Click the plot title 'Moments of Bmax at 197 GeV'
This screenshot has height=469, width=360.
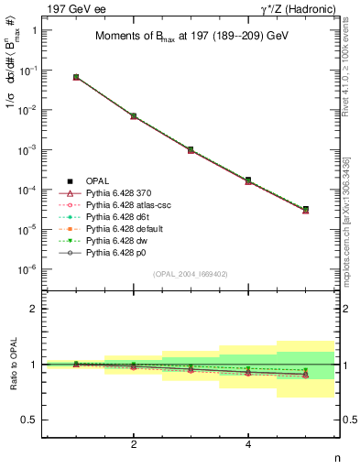[190, 38]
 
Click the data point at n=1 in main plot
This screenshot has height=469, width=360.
[76, 77]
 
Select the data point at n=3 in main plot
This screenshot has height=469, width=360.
[191, 149]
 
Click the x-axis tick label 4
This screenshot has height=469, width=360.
[247, 445]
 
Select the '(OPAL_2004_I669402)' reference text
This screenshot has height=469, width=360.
[190, 273]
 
